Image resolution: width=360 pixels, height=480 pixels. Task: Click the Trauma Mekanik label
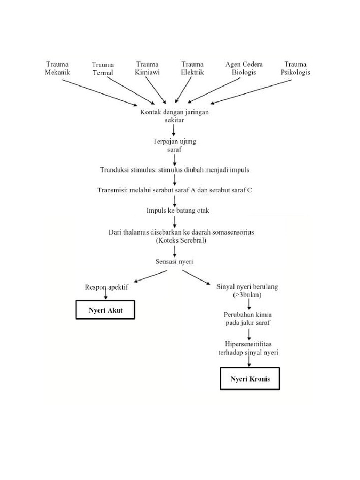pyautogui.click(x=58, y=68)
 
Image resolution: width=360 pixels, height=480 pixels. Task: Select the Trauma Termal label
pyautogui.click(x=103, y=69)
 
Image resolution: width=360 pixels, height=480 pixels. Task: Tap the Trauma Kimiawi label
pyautogui.click(x=147, y=68)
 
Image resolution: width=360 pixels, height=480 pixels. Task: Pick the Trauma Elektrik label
pyautogui.click(x=192, y=68)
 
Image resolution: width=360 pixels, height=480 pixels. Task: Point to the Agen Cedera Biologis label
pyautogui.click(x=244, y=68)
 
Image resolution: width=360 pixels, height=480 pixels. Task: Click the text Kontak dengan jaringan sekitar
pyautogui.click(x=174, y=116)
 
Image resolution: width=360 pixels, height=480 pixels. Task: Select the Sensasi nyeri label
pyautogui.click(x=174, y=262)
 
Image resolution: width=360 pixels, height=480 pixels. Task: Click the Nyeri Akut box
pyautogui.click(x=105, y=311)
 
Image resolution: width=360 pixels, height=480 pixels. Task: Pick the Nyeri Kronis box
pyautogui.click(x=250, y=379)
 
